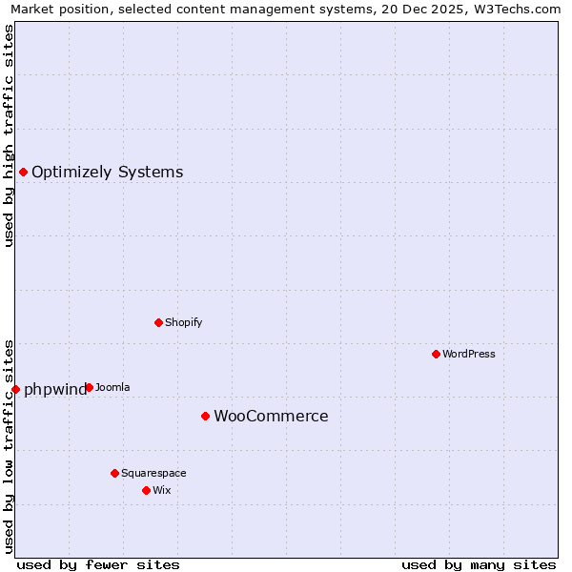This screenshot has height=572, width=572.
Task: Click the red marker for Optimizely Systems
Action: coord(23,172)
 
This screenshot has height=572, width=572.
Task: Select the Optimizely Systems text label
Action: coord(107,173)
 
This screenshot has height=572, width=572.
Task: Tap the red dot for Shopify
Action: coord(158,322)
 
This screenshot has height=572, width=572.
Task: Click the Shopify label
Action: coord(183,322)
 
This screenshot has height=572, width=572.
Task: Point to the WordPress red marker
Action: coord(436,354)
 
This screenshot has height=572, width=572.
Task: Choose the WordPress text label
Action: coord(468,354)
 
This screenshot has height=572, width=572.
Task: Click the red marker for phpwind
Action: coord(15,389)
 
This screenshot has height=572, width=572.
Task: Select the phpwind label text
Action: coord(54,389)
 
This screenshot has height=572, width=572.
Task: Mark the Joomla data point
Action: coord(89,387)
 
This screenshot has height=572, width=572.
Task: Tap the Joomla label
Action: coord(112,387)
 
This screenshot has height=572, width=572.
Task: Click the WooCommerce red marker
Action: coord(205,416)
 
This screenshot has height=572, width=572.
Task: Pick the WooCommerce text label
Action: coord(271,417)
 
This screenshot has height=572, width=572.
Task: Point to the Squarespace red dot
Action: coord(114,473)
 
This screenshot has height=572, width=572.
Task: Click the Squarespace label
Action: coord(153,473)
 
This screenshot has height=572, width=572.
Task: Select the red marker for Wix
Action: coord(146,490)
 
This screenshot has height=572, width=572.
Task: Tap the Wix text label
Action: coord(161,490)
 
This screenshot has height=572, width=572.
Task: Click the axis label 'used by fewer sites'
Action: coord(98,564)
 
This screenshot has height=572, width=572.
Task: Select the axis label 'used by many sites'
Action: coord(479,564)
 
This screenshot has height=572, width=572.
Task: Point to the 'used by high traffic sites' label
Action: coord(9,135)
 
